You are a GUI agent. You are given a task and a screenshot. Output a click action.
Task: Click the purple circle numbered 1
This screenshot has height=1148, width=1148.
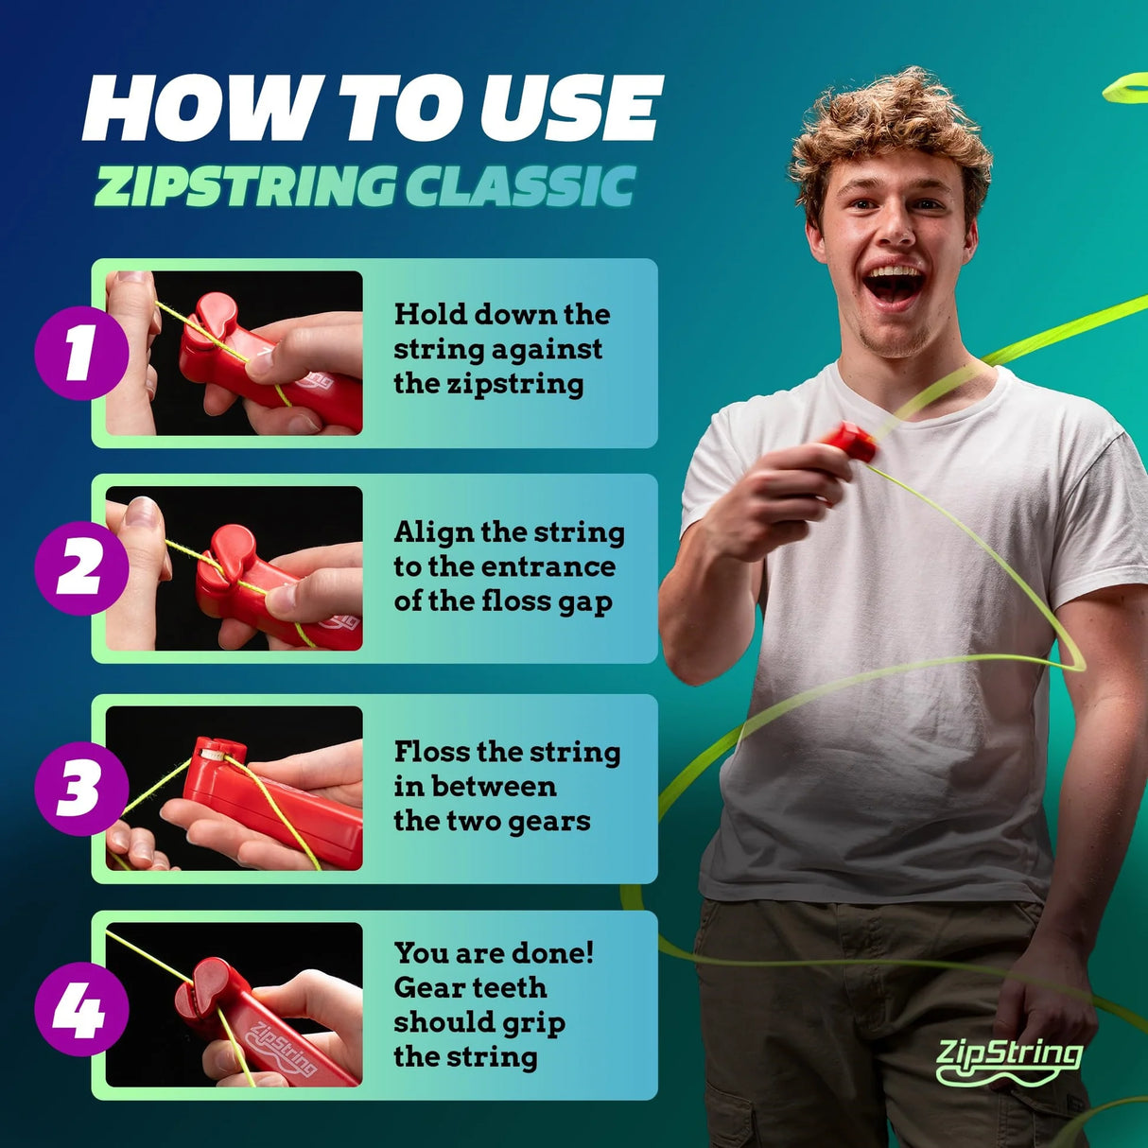(81, 353)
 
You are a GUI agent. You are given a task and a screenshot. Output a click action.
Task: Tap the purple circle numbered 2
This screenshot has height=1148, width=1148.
(81, 568)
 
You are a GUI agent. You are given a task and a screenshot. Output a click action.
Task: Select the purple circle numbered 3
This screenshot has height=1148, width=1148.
(81, 789)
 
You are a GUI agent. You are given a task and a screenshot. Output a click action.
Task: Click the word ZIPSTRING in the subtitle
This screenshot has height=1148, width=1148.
(245, 186)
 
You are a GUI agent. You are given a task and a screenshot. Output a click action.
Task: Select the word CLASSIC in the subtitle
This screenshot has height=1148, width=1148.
(520, 186)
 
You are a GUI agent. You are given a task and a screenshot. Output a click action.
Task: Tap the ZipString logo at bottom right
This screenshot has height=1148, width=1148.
(1009, 1059)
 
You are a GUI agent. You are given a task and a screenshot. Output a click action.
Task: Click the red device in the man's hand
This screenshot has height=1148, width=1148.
(850, 442)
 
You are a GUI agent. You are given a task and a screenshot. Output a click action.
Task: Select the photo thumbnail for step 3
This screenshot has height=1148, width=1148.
(234, 789)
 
